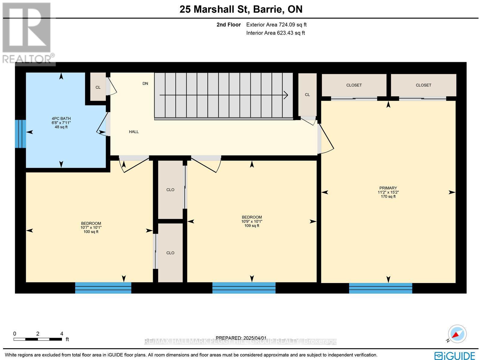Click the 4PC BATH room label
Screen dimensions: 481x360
pos(61,119)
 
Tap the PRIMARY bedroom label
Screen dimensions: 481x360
pos(388,188)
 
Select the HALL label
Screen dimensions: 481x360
pos(134,132)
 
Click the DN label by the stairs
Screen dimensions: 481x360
pos(145,84)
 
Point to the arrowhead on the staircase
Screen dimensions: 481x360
pos(286,95)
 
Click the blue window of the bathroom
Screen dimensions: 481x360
pos(20,134)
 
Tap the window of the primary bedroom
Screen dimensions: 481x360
pos(380,288)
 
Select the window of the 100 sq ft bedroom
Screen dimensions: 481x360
pos(103,288)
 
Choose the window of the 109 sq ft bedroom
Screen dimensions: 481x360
pos(244,288)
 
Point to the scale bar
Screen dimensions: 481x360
pos(38,339)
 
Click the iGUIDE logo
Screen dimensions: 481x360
pos(455,355)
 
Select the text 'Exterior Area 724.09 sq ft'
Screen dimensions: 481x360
pos(276,25)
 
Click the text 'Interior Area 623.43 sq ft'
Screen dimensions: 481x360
pos(275,33)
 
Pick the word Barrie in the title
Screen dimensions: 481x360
pos(267,9)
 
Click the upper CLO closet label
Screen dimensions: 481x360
pos(170,190)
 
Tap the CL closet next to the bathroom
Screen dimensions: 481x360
pos(98,87)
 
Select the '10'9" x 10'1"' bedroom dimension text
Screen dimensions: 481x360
pos(252,221)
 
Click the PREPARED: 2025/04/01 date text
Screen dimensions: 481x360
pos(241,338)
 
